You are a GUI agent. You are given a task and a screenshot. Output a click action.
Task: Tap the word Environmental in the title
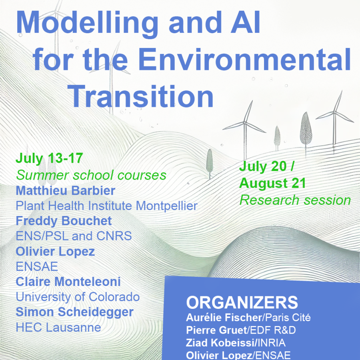point(244,60)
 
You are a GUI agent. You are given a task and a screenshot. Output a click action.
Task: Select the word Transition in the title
point(140,96)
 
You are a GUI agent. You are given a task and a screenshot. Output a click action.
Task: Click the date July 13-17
point(49,158)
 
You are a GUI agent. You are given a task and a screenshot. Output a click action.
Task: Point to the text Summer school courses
point(91,175)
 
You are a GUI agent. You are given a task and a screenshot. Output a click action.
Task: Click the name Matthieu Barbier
point(66,190)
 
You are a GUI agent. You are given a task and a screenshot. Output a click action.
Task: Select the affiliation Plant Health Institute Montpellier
point(106,206)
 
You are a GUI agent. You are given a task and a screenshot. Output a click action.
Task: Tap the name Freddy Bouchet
point(64,221)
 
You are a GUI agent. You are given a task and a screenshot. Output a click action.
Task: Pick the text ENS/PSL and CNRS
point(74,236)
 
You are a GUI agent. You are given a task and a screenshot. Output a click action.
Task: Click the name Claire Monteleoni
point(68,282)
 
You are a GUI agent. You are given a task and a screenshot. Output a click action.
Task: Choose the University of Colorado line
point(78,297)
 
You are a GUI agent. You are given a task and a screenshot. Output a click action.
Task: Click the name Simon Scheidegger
point(75,312)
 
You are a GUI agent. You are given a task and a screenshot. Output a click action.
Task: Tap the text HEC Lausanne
point(58,327)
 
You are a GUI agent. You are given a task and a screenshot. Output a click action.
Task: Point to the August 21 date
point(272,183)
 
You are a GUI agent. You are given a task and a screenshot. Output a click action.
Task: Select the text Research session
point(295,200)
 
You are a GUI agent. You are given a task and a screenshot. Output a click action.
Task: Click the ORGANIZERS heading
point(242,302)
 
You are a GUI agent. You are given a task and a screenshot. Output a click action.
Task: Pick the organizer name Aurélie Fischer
point(224,318)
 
